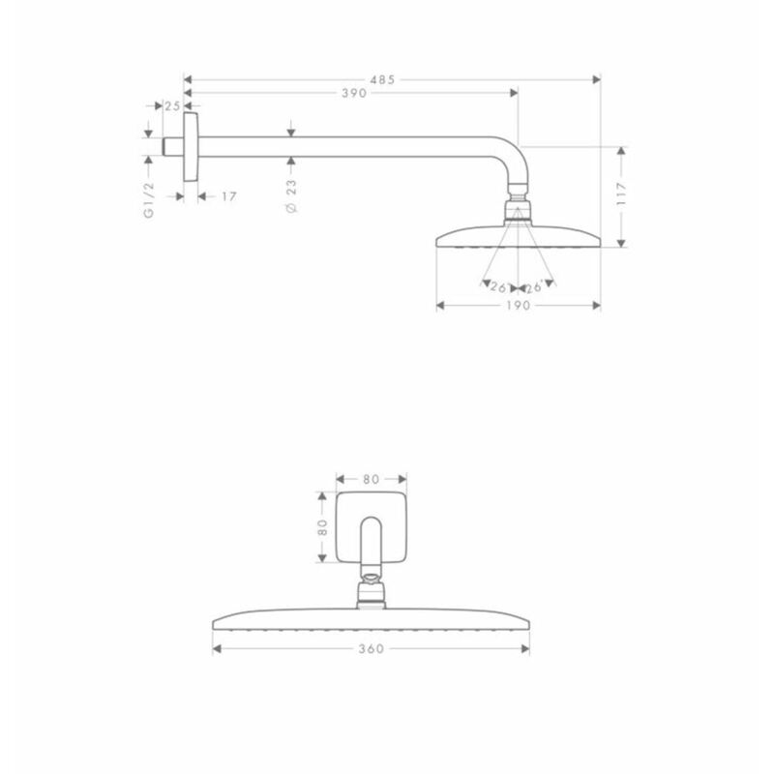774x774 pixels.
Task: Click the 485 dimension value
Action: (x=382, y=80)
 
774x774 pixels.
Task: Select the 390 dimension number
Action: (x=354, y=93)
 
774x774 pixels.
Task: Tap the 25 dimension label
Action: (x=172, y=106)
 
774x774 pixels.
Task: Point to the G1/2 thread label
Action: (x=149, y=200)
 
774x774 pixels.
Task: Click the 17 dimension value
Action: (x=229, y=197)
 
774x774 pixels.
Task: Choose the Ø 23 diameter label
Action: (x=292, y=196)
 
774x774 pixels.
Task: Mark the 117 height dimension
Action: (x=621, y=193)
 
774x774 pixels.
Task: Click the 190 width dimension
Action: (x=519, y=306)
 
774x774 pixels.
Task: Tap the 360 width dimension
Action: (x=372, y=648)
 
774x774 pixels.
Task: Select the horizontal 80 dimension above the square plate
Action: (x=372, y=479)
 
